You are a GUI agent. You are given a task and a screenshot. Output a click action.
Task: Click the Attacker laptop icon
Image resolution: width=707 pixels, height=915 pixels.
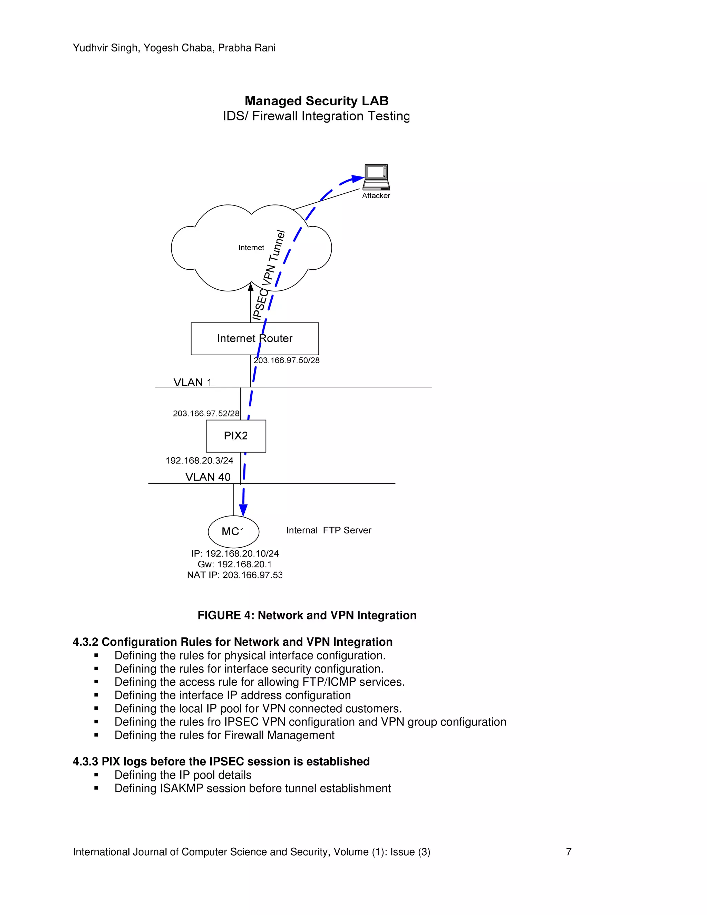376,177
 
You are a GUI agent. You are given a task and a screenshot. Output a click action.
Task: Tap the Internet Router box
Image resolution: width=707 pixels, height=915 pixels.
255,338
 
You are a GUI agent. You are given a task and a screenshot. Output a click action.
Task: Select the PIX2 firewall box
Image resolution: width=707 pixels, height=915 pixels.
236,436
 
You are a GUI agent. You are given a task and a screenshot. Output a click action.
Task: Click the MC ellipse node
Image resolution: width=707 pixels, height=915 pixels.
233,531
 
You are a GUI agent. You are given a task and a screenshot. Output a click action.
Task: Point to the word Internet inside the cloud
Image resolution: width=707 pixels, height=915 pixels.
251,248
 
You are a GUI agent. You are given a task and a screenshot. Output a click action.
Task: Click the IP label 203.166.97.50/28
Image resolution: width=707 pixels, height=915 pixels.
287,360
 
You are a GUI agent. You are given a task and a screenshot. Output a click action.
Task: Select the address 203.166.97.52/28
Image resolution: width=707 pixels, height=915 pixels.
206,414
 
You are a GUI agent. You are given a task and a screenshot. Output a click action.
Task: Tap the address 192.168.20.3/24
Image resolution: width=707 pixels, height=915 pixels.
200,460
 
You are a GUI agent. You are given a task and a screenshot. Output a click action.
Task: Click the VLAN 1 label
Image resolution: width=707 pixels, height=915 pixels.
192,382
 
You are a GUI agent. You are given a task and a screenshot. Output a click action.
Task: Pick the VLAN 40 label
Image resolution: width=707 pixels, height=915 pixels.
208,477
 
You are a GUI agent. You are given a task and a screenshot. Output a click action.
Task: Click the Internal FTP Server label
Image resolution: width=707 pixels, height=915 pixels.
329,530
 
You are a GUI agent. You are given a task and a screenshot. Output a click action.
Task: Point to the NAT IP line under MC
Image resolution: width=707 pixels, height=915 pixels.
234,575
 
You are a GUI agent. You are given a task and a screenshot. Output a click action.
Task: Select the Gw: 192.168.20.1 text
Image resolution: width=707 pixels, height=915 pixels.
234,564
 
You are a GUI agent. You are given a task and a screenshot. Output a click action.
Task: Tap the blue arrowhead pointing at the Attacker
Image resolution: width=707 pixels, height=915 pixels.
357,179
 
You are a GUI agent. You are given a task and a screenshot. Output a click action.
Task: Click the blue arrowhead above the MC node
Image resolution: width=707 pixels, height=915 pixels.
243,510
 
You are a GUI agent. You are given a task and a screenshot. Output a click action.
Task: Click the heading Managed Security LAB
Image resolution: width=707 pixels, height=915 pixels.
316,101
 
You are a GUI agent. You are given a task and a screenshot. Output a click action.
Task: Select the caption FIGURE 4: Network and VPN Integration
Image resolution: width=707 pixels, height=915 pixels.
307,615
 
